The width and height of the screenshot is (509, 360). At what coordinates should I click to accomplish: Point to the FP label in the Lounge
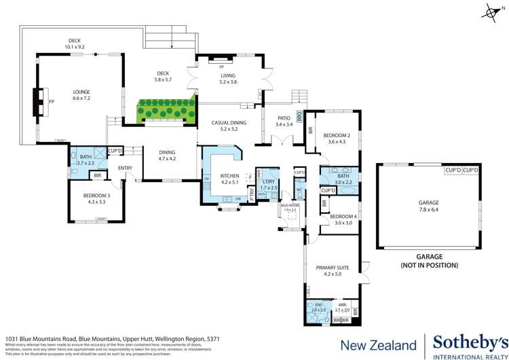pos(50,102)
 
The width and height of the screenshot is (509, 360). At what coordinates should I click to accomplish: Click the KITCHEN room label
pos(230,176)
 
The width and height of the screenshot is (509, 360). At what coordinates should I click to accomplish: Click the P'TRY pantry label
pos(252,194)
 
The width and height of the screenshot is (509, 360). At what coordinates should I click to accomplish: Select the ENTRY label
pos(126,168)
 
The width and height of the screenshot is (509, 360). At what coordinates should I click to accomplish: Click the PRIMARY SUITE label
pos(335,267)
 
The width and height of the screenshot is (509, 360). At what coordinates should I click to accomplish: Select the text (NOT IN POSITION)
pos(429,265)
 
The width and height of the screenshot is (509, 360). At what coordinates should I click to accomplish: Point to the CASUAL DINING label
pos(229,122)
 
